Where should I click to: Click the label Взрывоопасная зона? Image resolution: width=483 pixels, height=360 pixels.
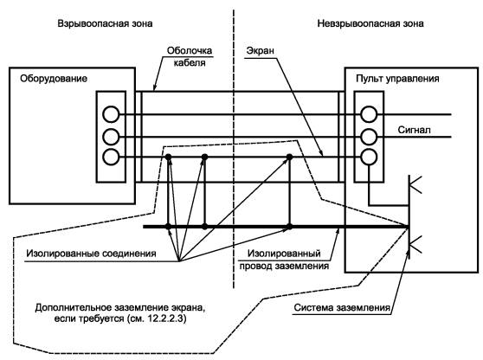(105, 23)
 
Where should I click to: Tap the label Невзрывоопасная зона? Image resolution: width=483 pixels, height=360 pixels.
(370, 23)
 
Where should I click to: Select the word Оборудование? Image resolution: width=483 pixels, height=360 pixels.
(54, 79)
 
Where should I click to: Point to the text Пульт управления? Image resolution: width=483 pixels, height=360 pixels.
(397, 79)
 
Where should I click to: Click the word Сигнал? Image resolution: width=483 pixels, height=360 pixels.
(415, 130)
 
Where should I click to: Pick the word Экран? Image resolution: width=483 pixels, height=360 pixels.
(261, 50)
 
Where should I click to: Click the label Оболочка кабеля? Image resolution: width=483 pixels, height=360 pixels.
(190, 56)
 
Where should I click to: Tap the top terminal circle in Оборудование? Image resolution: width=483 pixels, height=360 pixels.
(111, 114)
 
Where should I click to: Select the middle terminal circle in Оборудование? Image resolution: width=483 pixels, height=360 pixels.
(111, 137)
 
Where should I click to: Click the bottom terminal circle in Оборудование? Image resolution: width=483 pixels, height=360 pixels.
(111, 157)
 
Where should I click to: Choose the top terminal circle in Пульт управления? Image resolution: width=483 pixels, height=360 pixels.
(369, 114)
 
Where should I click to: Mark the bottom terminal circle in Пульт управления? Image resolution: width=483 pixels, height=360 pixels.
(369, 157)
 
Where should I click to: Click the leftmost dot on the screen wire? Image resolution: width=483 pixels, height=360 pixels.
(168, 157)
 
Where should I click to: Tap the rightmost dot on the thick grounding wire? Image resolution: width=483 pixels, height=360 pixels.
(289, 227)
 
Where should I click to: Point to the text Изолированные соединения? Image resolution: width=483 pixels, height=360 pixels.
(91, 254)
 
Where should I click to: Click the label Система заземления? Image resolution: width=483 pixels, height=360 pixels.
(342, 308)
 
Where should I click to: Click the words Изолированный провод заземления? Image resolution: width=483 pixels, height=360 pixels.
(284, 260)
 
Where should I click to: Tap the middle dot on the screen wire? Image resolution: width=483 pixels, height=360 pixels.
(204, 157)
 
